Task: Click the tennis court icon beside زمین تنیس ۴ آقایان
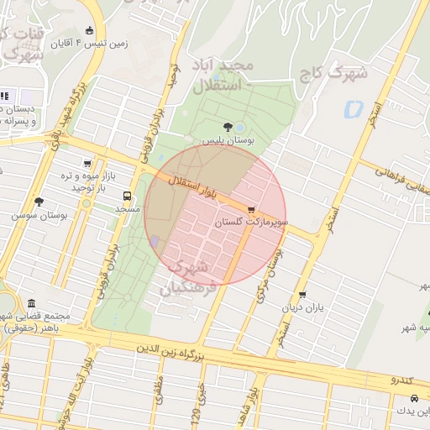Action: [x=90, y=31]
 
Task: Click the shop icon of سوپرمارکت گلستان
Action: [x=251, y=210]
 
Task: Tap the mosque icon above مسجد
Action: [x=127, y=194]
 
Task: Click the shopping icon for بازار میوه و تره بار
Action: [x=87, y=164]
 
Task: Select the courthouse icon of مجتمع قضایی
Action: [x=31, y=303]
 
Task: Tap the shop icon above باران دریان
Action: [x=302, y=295]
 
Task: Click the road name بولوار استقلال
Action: [x=192, y=187]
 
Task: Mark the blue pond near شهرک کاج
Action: [x=352, y=108]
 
